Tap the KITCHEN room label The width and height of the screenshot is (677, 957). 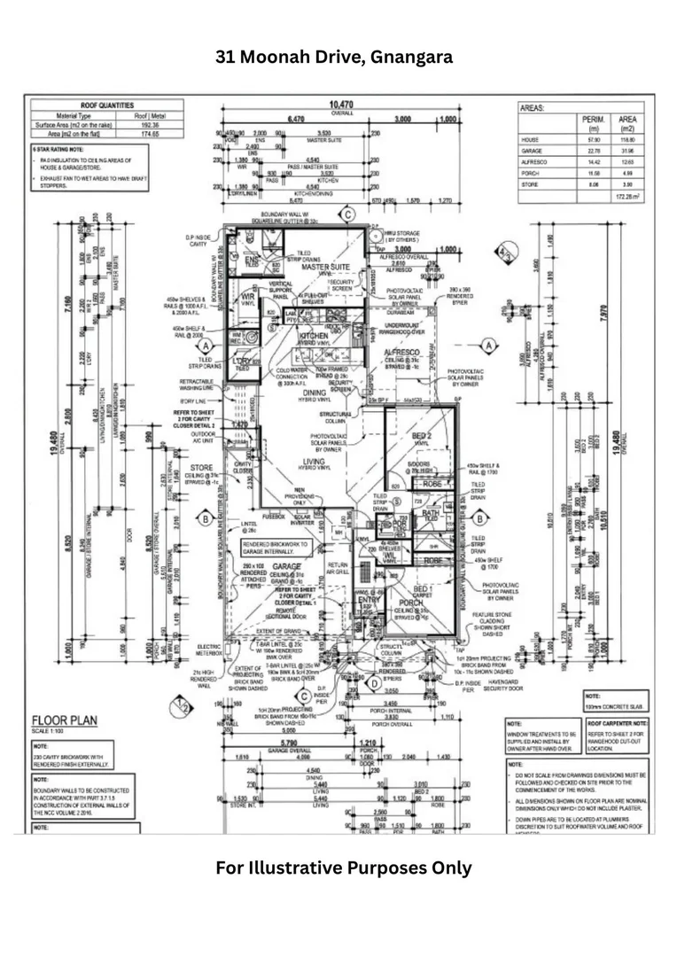pos(314,337)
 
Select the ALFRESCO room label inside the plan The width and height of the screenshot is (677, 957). pos(401,352)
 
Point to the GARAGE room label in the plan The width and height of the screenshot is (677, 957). pos(288,564)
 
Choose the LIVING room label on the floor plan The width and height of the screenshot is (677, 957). pos(312,461)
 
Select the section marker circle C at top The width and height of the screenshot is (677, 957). pos(348,214)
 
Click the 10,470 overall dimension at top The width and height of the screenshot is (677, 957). pos(341,105)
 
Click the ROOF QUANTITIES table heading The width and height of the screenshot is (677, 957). pos(108,105)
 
